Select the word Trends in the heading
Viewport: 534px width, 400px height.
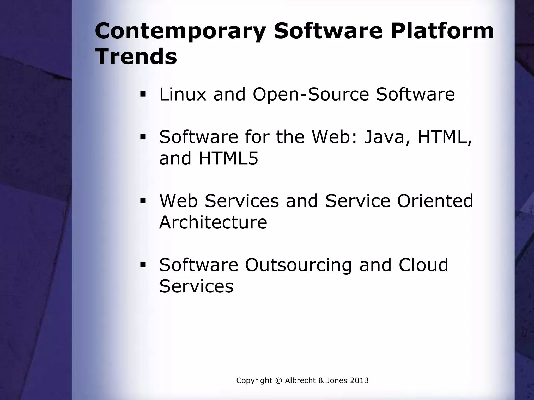[x=136, y=57]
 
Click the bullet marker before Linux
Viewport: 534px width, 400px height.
[x=143, y=94]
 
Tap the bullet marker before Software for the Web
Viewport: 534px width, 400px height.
[x=143, y=137]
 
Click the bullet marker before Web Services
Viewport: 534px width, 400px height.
[x=143, y=201]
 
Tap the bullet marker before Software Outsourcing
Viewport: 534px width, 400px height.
[x=143, y=265]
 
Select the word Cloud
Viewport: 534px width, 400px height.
[x=423, y=265]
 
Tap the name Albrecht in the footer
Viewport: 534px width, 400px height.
[x=300, y=380]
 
